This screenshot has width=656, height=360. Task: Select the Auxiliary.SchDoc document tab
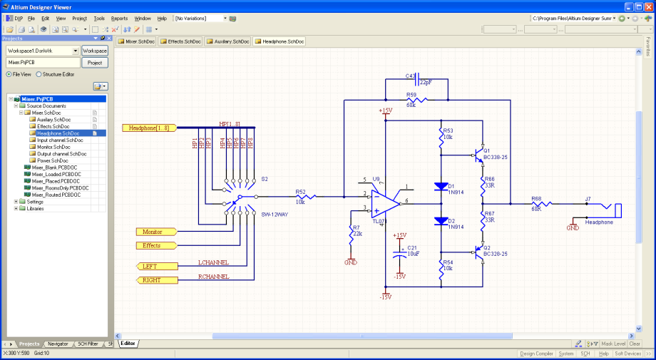pos(228,42)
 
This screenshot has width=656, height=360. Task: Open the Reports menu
pos(119,18)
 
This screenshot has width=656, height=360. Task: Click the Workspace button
pos(95,51)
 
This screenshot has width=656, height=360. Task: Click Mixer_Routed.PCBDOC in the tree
pos(56,195)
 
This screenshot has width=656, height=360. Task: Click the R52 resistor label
pos(301,191)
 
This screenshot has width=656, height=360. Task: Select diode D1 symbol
pos(441,187)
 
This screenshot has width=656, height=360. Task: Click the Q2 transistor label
pos(487,247)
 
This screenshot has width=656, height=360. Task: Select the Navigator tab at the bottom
pos(58,344)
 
